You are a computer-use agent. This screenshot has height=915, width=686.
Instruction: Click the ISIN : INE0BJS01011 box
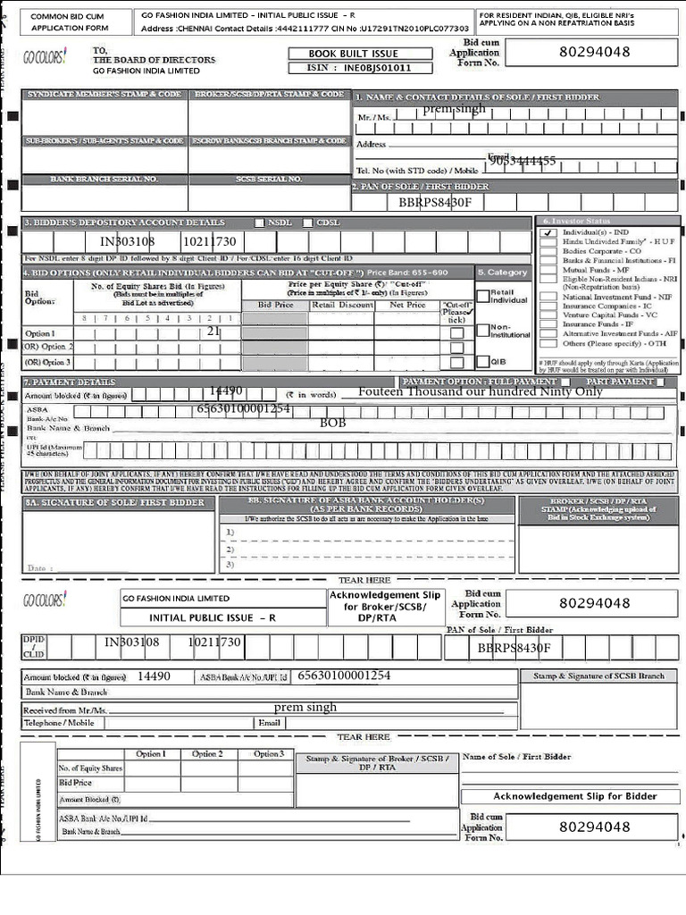(x=360, y=68)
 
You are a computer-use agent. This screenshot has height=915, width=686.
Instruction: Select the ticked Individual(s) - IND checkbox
(x=547, y=232)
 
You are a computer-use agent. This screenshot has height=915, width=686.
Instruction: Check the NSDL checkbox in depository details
(x=260, y=222)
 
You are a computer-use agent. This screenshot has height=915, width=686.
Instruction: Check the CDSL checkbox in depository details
(x=308, y=222)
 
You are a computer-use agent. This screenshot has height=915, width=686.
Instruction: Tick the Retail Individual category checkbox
(x=483, y=296)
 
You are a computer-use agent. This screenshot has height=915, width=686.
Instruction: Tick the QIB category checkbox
(x=483, y=362)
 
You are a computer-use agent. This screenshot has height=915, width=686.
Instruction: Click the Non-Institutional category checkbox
(x=483, y=329)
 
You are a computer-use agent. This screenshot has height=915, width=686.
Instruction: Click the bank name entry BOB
(x=332, y=423)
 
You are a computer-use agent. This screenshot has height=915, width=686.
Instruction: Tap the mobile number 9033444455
(x=523, y=161)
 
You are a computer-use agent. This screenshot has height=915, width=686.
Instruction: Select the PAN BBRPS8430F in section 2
(x=435, y=203)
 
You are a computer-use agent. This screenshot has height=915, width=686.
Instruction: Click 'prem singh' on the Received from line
(x=305, y=707)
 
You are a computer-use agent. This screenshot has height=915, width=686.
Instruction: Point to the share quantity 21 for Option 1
(x=213, y=331)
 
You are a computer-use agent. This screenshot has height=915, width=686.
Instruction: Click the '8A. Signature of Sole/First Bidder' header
(x=114, y=502)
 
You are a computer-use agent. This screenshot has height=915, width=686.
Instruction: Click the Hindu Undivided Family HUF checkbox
(x=547, y=242)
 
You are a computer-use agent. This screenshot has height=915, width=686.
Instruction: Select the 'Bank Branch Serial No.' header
(x=104, y=180)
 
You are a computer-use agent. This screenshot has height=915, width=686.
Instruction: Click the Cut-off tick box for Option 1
(x=457, y=333)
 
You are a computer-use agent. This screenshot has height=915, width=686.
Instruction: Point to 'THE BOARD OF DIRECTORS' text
(x=146, y=60)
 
